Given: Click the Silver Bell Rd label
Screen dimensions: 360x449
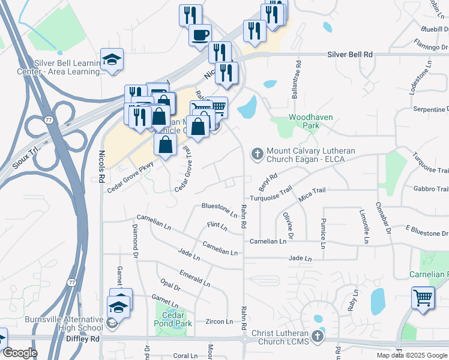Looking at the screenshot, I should (350, 55).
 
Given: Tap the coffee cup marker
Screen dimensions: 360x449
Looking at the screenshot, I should (200, 34).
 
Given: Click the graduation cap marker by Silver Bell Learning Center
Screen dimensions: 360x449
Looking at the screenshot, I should (112, 59).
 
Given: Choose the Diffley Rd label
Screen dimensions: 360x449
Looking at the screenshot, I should (83, 338).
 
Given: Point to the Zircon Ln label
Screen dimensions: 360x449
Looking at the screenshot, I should (218, 322).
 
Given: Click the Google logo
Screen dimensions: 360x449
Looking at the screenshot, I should (20, 353).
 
